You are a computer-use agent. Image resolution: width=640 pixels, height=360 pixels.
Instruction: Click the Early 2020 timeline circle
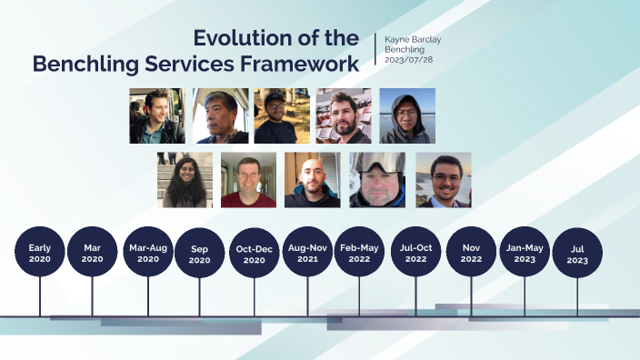[40, 252]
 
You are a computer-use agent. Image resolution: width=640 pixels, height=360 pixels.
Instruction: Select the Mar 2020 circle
[92, 252]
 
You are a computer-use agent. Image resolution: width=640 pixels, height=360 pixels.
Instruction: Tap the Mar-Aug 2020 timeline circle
[148, 252]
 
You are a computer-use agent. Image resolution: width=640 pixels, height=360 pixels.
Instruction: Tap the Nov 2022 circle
[471, 252]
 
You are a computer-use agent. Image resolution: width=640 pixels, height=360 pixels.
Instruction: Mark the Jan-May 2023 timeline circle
[525, 252]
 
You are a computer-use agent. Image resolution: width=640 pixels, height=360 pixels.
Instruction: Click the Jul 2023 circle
[577, 252]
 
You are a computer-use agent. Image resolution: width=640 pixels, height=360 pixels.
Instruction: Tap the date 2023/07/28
[407, 59]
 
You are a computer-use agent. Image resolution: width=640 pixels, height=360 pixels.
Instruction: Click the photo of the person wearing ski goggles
[377, 180]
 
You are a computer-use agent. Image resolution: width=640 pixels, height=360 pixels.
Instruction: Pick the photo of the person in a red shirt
[248, 180]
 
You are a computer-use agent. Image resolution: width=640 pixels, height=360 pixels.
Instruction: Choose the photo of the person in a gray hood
[406, 116]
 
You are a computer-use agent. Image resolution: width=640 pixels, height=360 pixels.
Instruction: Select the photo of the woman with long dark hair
[185, 180]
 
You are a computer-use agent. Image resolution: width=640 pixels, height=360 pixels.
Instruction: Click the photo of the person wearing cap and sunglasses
[281, 116]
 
